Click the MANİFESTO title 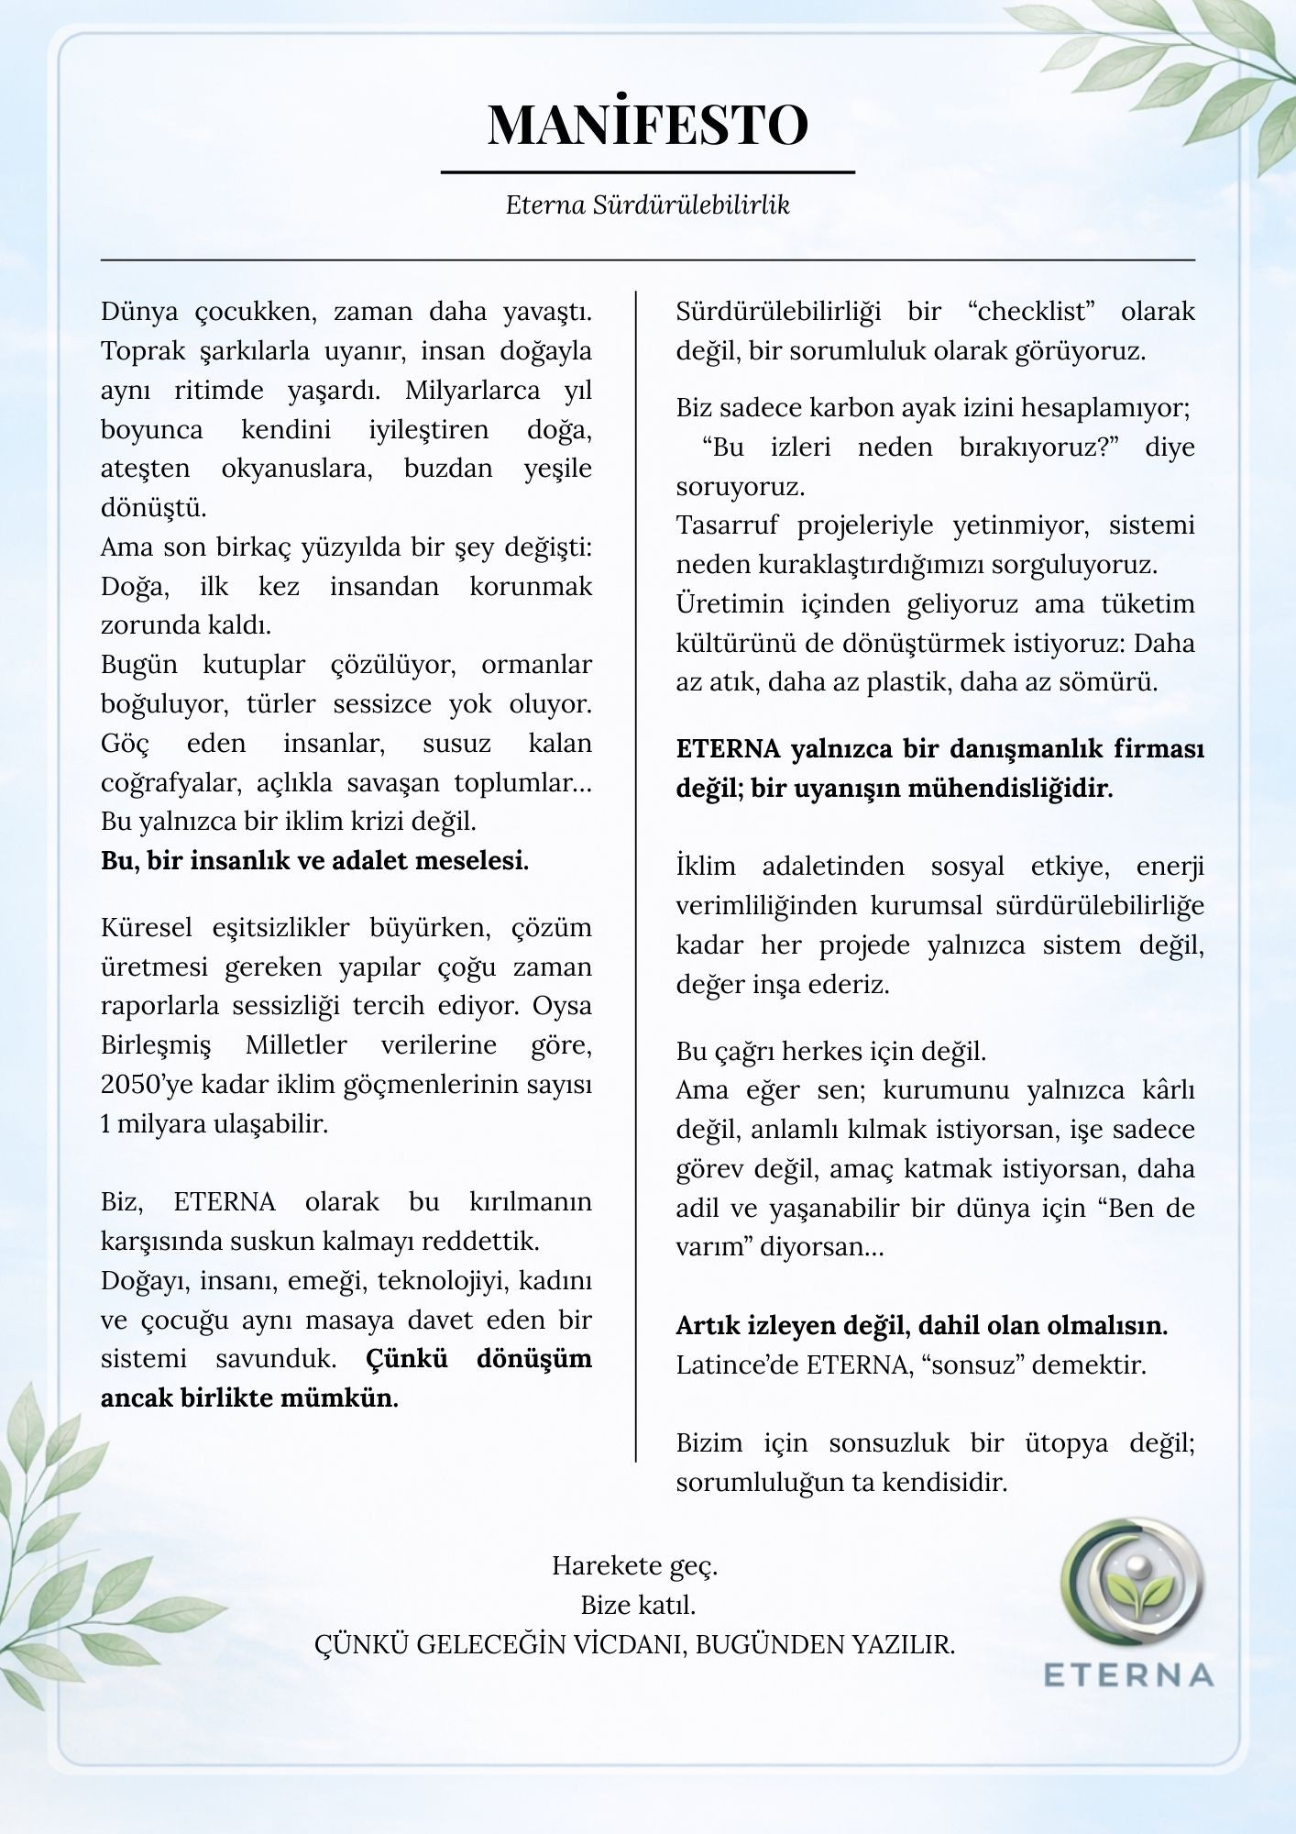point(647,125)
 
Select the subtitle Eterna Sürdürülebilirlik point(647,204)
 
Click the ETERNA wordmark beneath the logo point(1129,1674)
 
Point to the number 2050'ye point(147,1085)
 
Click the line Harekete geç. point(634,1565)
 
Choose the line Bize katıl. point(638,1605)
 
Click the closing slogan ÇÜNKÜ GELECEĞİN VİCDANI point(634,1644)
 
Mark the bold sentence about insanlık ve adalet point(314,861)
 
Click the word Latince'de point(738,1364)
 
